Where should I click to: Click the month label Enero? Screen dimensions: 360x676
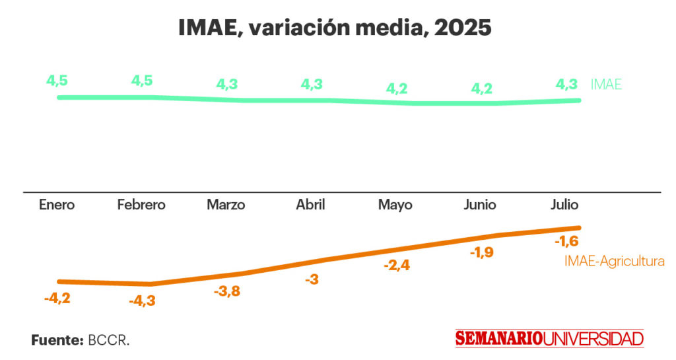click(57, 205)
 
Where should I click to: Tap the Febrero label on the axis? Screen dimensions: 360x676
click(141, 205)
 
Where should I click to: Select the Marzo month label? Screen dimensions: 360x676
click(226, 205)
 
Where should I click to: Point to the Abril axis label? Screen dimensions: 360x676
click(310, 205)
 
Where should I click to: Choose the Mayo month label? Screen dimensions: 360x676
click(395, 205)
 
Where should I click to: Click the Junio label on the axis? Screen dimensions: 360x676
click(480, 205)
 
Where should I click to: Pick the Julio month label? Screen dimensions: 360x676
click(564, 205)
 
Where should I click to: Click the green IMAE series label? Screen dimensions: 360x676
click(606, 85)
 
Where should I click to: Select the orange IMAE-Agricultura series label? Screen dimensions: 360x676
click(614, 262)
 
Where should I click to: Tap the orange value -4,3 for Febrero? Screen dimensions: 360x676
click(142, 301)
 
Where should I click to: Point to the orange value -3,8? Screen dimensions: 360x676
click(227, 291)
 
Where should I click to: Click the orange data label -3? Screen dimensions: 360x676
click(312, 280)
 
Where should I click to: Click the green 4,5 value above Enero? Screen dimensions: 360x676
click(57, 81)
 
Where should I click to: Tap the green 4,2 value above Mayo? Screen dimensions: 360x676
click(397, 88)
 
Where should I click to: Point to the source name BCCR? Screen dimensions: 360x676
click(109, 341)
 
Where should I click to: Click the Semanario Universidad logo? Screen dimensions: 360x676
click(549, 339)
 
